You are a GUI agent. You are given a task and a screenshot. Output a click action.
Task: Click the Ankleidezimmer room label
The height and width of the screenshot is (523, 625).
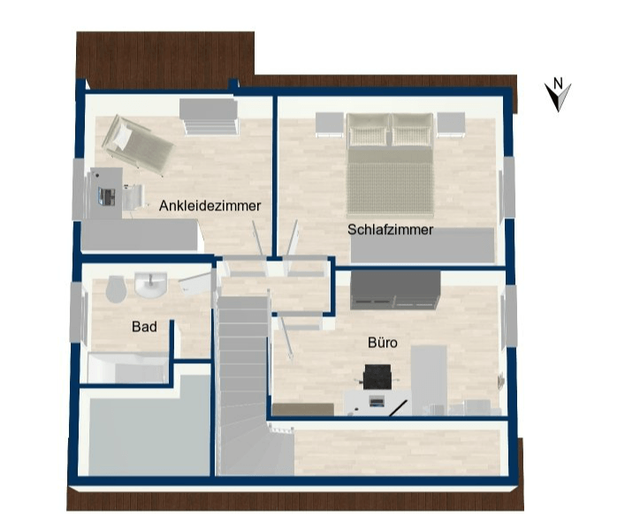pyautogui.click(x=210, y=206)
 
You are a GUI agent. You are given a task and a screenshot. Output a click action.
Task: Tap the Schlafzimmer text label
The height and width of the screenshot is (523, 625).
pyautogui.click(x=390, y=230)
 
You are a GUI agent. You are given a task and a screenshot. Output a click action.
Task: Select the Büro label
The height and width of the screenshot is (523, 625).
pyautogui.click(x=383, y=343)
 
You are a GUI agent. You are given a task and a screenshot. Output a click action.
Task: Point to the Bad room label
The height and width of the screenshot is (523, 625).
pyautogui.click(x=144, y=327)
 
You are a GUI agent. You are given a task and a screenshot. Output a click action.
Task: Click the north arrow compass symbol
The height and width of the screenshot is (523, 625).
pyautogui.click(x=558, y=95)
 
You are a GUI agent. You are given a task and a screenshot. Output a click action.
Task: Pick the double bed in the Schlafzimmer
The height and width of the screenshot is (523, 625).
pyautogui.click(x=390, y=163)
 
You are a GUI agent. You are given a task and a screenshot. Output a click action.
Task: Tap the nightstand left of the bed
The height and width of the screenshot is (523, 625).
pyautogui.click(x=330, y=125)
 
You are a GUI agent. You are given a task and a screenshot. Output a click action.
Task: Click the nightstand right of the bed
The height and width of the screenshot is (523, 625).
pyautogui.click(x=451, y=125)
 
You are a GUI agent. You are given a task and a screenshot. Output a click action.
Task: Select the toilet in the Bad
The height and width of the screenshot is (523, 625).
pyautogui.click(x=116, y=289)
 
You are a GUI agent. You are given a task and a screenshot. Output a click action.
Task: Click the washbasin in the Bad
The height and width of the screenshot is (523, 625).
pyautogui.click(x=150, y=284)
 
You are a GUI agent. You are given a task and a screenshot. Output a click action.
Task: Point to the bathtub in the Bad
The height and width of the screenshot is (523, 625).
pyautogui.click(x=128, y=368)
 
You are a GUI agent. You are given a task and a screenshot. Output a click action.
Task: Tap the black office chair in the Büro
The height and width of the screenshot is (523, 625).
pyautogui.click(x=377, y=376)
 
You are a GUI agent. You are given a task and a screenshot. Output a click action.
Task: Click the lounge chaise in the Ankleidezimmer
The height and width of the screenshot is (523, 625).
pyautogui.click(x=138, y=146)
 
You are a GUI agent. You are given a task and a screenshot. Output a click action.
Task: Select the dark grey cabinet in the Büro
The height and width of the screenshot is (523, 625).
pyautogui.click(x=395, y=290)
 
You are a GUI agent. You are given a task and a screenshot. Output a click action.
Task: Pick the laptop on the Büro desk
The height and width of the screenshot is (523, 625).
pyautogui.click(x=377, y=400)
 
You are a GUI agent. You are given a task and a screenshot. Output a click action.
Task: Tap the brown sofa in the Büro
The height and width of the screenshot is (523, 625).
pyautogui.click(x=303, y=409)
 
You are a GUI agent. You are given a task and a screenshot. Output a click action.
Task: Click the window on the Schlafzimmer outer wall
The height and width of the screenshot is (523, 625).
pyautogui.click(x=507, y=187)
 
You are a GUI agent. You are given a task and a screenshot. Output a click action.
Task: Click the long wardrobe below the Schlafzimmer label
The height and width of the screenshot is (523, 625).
pyautogui.click(x=423, y=246)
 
